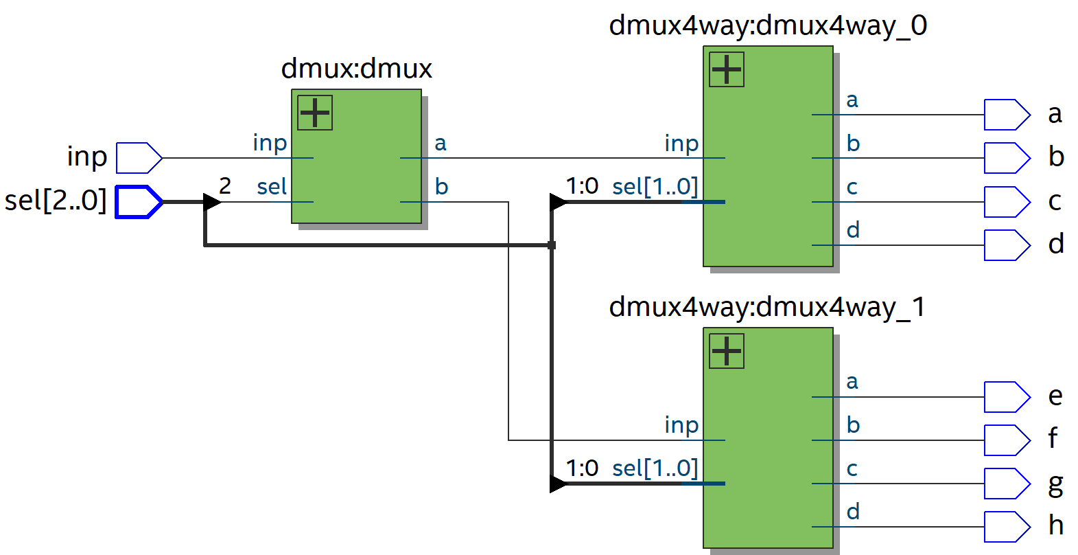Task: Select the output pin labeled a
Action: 1006,115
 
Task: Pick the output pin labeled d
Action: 1006,245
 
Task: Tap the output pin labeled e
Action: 1006,397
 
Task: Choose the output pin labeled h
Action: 1006,527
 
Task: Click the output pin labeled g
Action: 1006,484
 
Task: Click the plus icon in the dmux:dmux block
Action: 315,113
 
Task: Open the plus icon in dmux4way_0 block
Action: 727,69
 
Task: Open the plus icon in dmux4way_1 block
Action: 727,351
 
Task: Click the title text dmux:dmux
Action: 356,69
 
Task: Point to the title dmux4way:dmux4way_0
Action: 767,25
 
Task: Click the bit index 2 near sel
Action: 225,185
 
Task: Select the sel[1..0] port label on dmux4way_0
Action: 655,186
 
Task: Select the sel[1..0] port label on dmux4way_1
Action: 655,468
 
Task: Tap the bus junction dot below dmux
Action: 552,245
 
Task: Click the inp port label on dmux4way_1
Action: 681,424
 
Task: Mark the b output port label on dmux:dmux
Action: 441,186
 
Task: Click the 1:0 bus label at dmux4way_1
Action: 582,468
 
